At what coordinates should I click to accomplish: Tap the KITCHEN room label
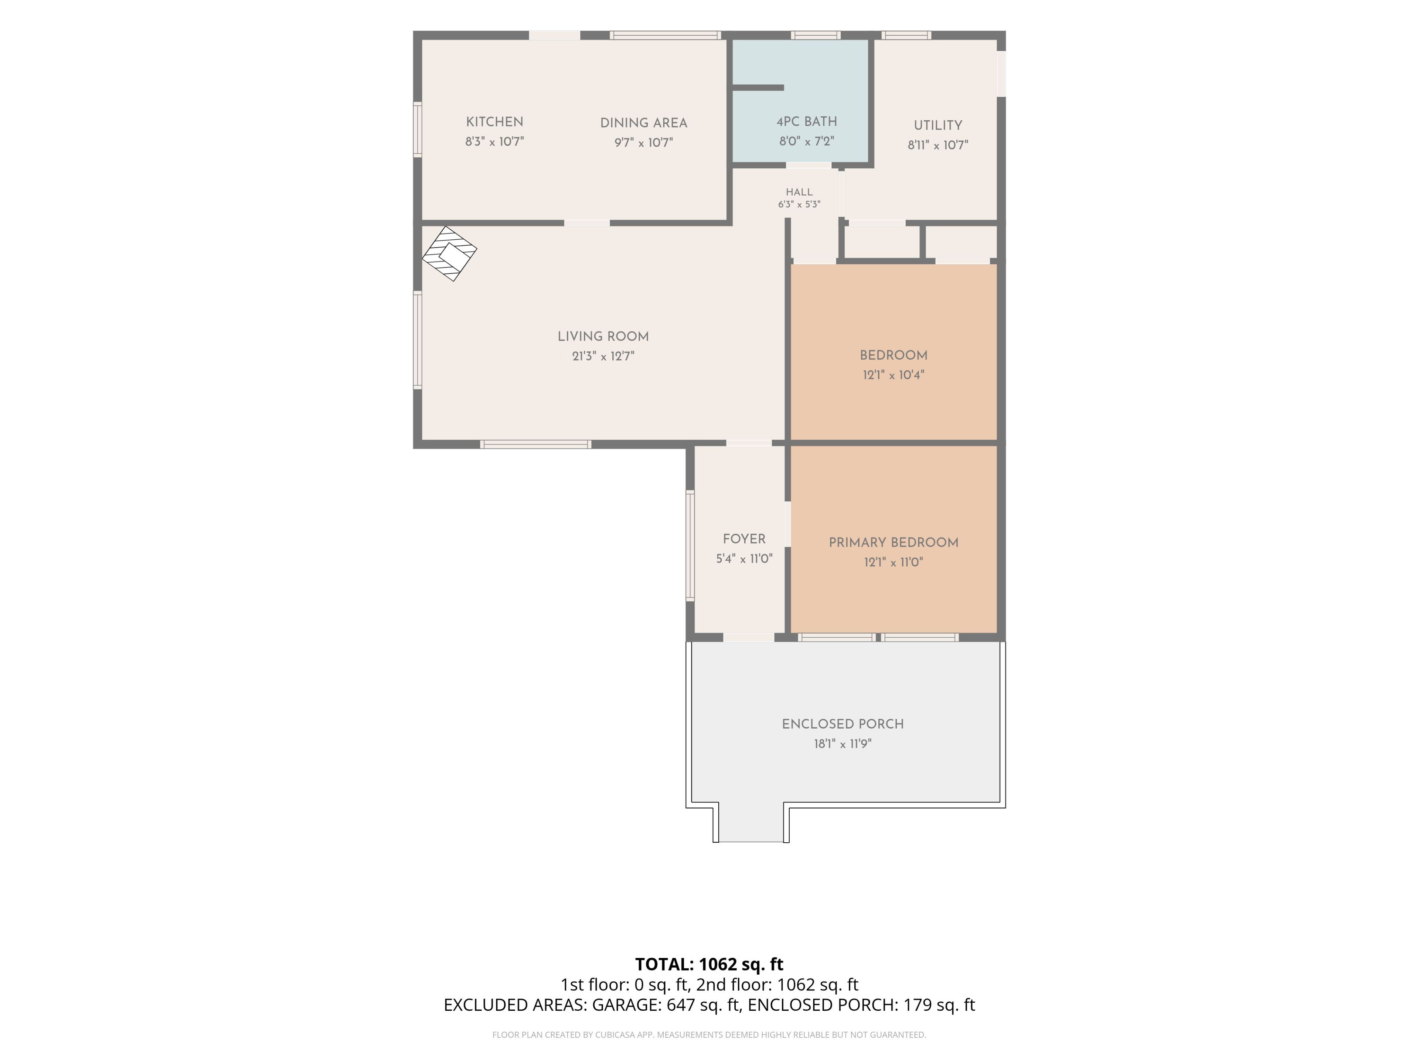pos(494,122)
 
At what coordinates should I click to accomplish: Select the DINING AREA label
pos(643,123)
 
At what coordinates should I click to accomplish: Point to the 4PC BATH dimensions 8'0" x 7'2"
pos(806,141)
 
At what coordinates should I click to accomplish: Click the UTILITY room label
pos(938,126)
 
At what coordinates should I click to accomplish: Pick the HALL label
pos(799,192)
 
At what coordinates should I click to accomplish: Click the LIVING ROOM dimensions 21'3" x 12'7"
pos(603,356)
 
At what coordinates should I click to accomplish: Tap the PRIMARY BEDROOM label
pos(894,543)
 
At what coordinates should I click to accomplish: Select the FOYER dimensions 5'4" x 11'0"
pos(744,559)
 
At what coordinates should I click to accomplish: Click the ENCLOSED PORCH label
pos(843,724)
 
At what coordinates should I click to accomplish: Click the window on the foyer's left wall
pos(690,545)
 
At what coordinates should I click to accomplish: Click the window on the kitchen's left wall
pos(418,130)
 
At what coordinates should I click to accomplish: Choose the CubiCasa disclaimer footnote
pos(709,1034)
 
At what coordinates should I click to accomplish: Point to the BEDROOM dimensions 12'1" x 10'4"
pos(894,375)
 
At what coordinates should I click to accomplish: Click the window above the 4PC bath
pos(815,35)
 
